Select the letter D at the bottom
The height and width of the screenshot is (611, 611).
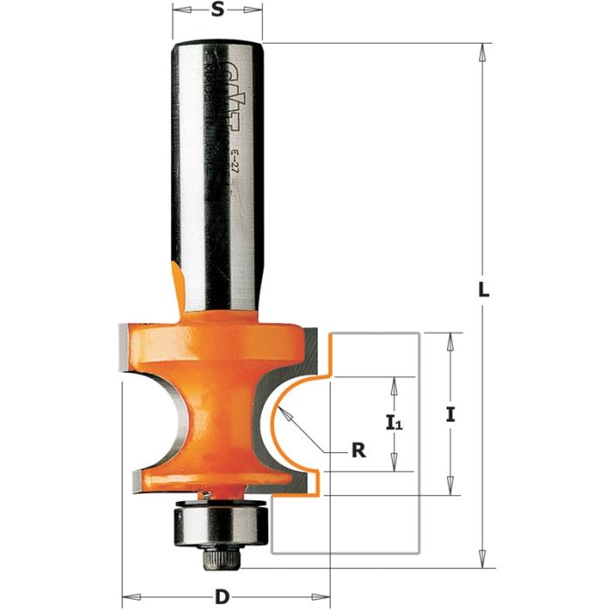[223, 597]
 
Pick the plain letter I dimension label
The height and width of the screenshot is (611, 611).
[450, 416]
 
